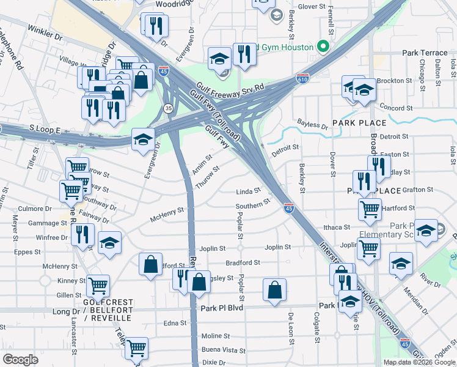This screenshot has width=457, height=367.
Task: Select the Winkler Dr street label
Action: [x=46, y=32]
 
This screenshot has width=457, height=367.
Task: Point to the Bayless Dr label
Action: [x=312, y=125]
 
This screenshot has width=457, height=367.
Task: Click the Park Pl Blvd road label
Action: [x=222, y=308]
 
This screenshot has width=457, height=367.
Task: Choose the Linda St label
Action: [x=249, y=191]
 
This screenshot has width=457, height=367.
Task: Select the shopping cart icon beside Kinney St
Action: [x=98, y=285]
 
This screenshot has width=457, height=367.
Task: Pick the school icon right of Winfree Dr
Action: [x=109, y=243]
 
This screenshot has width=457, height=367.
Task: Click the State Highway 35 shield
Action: [x=167, y=108]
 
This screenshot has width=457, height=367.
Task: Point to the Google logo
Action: [x=20, y=360]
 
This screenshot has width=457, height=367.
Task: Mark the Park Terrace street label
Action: [x=425, y=53]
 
